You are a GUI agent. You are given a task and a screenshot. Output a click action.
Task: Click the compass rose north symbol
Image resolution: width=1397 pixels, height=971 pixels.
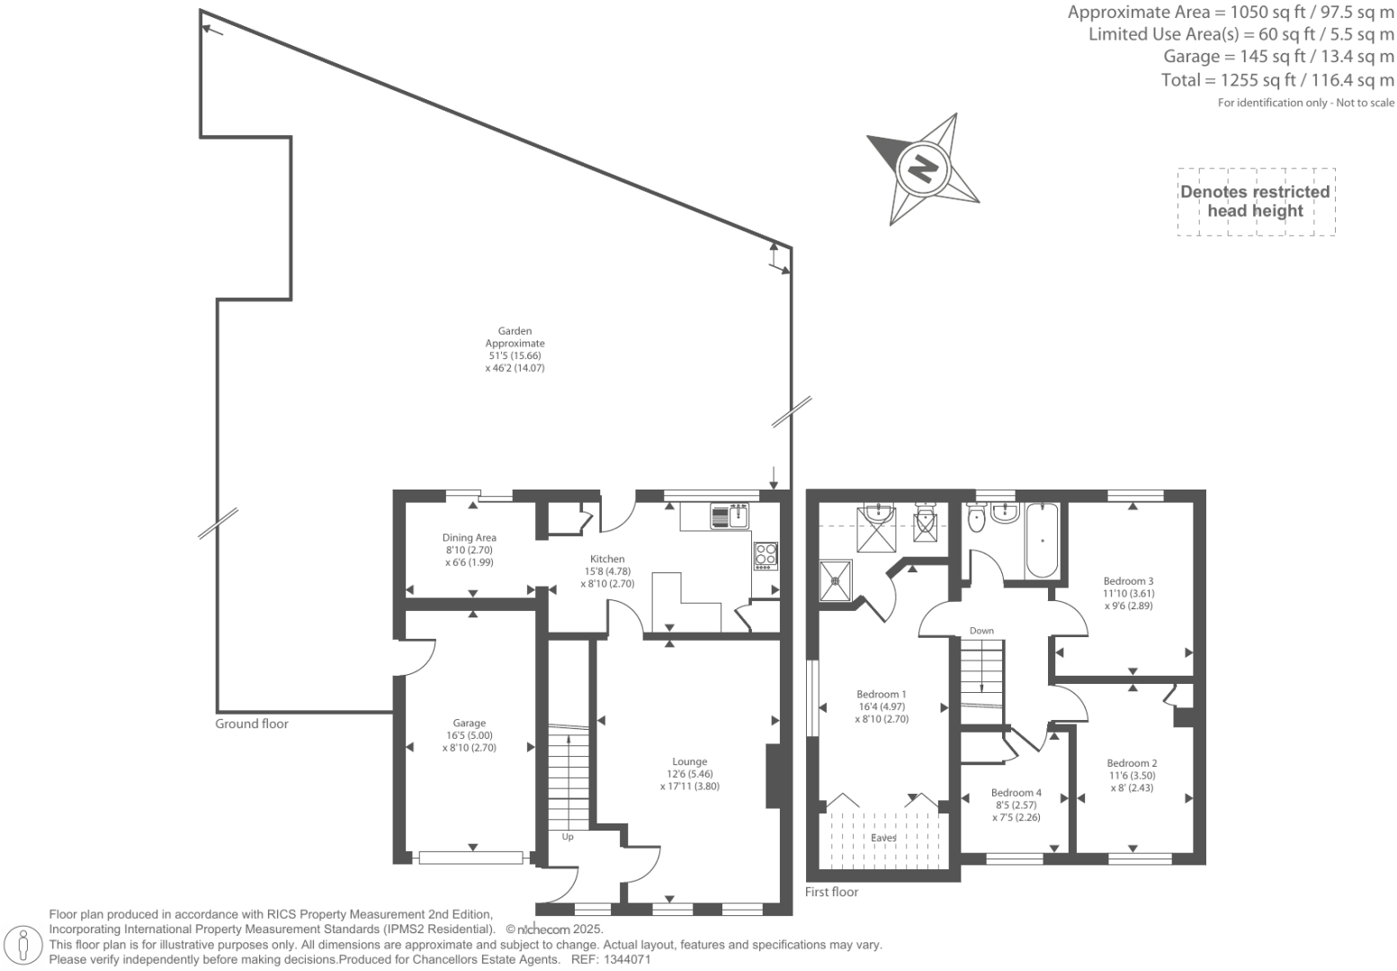[922, 168]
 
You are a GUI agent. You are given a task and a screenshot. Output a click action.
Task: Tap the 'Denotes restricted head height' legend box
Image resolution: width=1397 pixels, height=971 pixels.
[1255, 202]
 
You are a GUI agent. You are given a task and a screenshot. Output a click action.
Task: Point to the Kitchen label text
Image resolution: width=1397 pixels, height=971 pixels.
[607, 559]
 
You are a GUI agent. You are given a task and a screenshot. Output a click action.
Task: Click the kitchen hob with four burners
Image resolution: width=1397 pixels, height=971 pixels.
[766, 555]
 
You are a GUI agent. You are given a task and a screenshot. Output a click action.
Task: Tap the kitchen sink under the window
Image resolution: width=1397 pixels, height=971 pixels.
[730, 516]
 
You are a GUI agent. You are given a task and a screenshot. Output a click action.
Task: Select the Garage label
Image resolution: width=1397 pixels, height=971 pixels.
[469, 723]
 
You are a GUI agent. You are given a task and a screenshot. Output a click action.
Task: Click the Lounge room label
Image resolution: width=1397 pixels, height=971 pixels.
[689, 761]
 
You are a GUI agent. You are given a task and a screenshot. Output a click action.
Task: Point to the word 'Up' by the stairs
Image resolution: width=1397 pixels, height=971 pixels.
[568, 837]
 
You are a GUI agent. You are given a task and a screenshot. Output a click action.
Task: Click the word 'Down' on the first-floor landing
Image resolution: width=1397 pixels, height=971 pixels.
[981, 631]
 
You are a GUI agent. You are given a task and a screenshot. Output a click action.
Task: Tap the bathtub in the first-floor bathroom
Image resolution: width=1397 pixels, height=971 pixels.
[1043, 540]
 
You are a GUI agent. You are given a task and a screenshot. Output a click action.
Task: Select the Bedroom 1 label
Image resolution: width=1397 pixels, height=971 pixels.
[881, 694]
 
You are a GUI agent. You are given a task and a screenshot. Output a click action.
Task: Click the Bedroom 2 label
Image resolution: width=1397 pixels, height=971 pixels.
[1132, 763]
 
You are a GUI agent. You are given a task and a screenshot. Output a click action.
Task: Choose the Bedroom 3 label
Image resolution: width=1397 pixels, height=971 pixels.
[1128, 581]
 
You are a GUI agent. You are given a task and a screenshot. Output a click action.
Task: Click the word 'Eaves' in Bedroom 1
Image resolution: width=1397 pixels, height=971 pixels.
[883, 838]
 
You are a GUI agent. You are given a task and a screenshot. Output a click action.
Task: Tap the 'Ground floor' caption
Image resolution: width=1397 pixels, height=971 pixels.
[252, 724]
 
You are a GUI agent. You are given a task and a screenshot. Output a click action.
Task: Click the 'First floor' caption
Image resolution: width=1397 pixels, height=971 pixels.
[831, 892]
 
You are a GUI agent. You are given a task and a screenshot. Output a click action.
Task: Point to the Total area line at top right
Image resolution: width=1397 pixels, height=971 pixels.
[1277, 80]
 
